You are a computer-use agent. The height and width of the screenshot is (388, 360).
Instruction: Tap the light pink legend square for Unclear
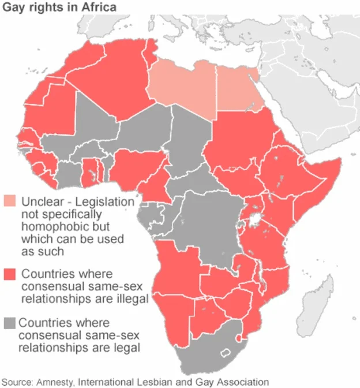(x=10, y=202)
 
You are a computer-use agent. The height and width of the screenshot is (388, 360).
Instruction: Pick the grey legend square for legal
(x=10, y=323)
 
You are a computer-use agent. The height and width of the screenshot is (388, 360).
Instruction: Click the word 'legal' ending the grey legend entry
(x=127, y=348)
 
